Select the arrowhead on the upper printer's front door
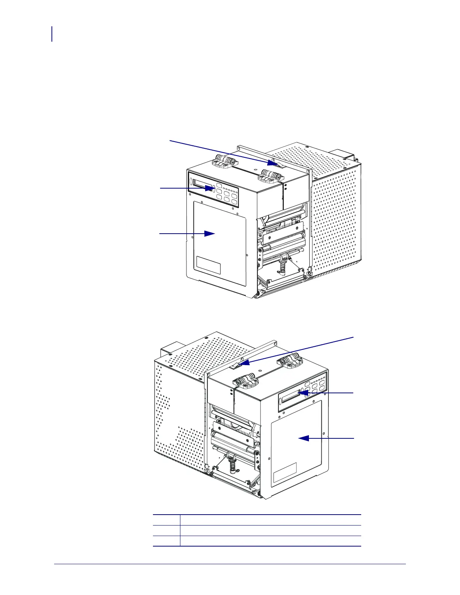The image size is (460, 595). (209, 234)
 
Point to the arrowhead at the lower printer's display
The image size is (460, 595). (304, 393)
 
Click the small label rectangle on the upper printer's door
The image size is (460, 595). (208, 266)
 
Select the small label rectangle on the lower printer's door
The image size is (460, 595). (284, 473)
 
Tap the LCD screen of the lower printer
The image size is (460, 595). (290, 397)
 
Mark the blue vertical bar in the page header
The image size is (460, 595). (52, 34)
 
